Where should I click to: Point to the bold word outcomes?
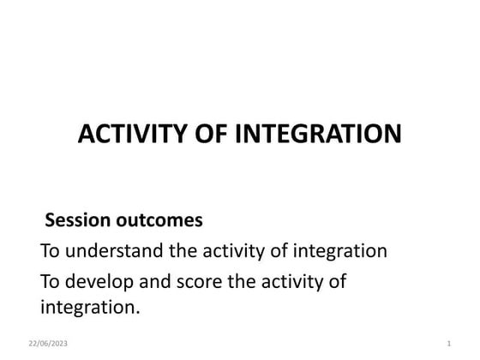pos(160,220)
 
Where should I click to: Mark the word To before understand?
pos(50,251)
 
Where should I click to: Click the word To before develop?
pos(50,281)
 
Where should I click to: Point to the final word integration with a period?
pos(90,306)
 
